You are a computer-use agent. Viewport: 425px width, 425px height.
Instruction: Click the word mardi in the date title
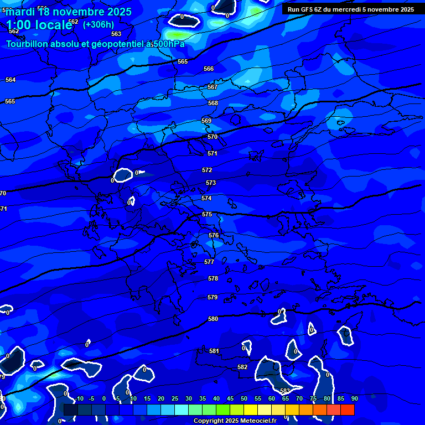[x=22, y=12]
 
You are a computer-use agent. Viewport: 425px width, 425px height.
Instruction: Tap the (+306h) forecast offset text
[x=99, y=24]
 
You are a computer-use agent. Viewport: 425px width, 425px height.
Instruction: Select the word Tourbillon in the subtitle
[x=27, y=44]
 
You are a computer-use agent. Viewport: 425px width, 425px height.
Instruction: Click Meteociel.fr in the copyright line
[x=256, y=421]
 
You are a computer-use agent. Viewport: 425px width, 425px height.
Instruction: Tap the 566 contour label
[x=209, y=69]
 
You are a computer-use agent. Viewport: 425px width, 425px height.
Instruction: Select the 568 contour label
[x=213, y=103]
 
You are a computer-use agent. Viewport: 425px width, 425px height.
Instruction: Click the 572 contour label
[x=207, y=170]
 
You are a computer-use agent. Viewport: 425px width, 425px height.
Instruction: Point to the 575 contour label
[x=207, y=214]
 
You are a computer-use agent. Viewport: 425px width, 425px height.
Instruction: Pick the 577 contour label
[x=209, y=262]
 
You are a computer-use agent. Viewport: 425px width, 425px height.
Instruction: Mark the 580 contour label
[x=213, y=319]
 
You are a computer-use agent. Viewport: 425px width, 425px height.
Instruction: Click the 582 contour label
[x=242, y=367]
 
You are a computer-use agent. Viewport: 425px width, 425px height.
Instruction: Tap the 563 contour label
[x=116, y=34]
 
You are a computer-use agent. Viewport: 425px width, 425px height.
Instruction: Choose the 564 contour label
[x=11, y=80]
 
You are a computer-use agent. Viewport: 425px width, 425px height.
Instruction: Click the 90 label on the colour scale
[x=354, y=398]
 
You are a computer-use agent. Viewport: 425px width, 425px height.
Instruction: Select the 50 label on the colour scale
[x=243, y=398]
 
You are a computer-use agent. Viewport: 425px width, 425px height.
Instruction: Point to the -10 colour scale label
[x=79, y=398]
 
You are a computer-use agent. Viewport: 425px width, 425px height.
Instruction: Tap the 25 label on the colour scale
[x=174, y=398]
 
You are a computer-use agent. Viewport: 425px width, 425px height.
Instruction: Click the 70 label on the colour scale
[x=299, y=398]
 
